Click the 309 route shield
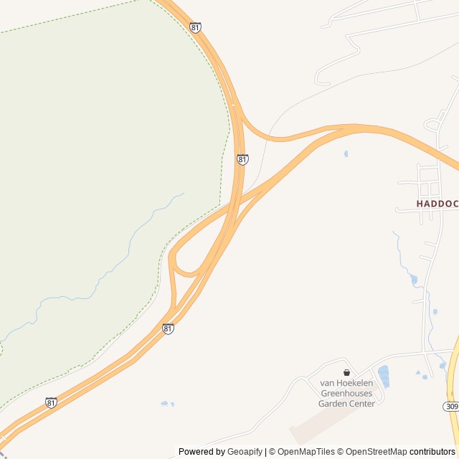(x=450, y=407)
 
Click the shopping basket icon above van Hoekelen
(x=347, y=372)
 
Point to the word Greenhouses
(x=347, y=393)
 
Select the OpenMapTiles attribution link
(x=307, y=452)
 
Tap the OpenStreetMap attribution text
(x=376, y=452)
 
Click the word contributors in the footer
(x=432, y=452)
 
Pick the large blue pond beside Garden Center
(x=384, y=376)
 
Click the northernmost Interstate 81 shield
(x=196, y=27)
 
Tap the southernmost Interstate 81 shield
(x=51, y=403)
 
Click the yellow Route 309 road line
(x=452, y=380)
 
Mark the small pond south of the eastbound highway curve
(x=346, y=153)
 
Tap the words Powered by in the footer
(x=202, y=452)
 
